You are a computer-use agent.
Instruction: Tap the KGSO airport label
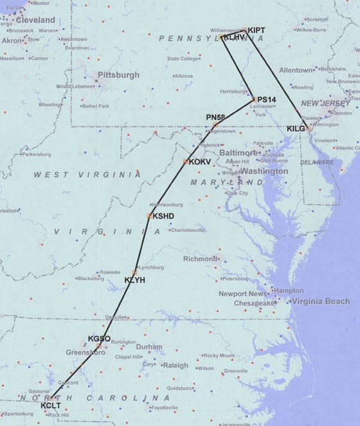pyautogui.click(x=99, y=339)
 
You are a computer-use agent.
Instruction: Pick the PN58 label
pyautogui.click(x=216, y=116)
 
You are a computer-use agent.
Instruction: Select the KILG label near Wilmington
pyautogui.click(x=296, y=129)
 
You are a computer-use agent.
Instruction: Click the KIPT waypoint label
pyautogui.click(x=256, y=30)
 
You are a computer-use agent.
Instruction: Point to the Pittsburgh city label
pyautogui.click(x=118, y=75)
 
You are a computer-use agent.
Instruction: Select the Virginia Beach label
pyautogui.click(x=319, y=301)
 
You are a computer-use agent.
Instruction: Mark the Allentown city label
pyautogui.click(x=295, y=69)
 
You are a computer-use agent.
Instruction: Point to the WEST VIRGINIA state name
pyautogui.click(x=75, y=175)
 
